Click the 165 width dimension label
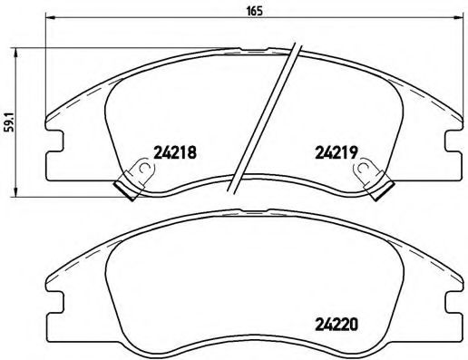(x=247, y=10)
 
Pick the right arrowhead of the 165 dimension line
(x=459, y=20)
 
